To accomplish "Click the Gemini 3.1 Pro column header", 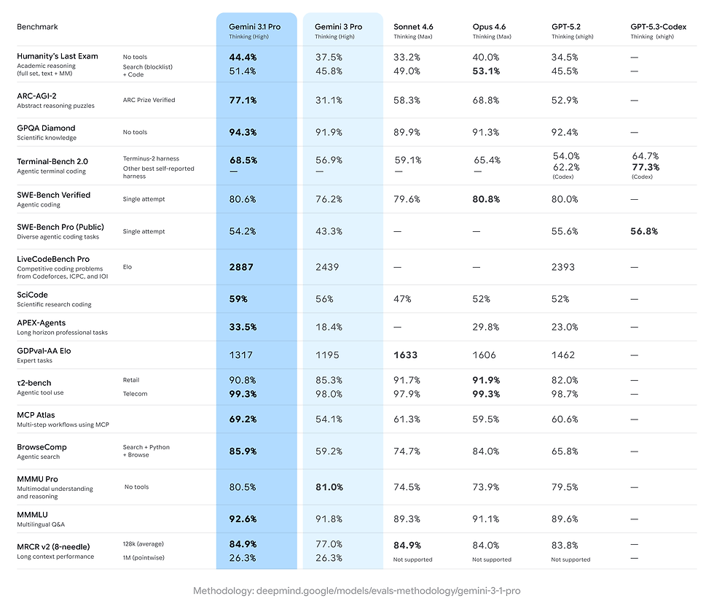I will coord(255,27).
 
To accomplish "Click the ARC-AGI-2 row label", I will coord(37,96).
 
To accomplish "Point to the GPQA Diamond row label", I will coord(46,128).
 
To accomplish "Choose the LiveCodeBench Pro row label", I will coord(53,259).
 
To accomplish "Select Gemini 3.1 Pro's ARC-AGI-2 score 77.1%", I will coord(243,101).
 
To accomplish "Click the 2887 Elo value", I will coord(241,268).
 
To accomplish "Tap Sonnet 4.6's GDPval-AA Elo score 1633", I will coord(407,355).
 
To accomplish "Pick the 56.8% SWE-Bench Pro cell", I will coord(644,231).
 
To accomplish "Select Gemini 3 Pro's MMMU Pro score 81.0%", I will coord(329,487).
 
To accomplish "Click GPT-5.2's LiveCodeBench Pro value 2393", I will coord(565,268).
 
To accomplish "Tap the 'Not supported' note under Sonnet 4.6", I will coord(412,560).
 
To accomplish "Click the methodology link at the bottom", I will coord(356,590).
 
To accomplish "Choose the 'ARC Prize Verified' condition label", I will coord(149,100).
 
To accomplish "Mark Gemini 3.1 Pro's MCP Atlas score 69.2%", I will coord(243,419).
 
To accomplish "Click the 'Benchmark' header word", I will coord(37,27).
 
